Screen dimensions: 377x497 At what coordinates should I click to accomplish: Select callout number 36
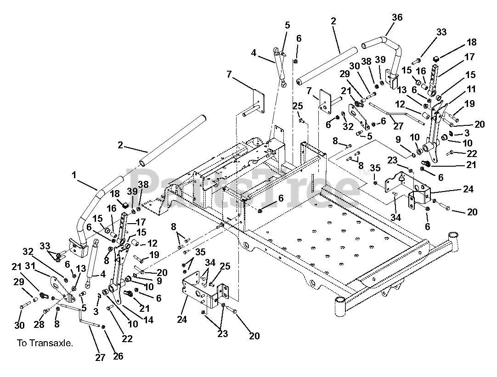tap(397, 17)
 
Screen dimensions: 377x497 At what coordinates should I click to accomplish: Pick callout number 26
tap(118, 356)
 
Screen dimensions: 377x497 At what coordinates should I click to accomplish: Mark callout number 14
tap(147, 320)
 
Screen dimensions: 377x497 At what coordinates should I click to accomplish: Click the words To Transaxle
tap(45, 343)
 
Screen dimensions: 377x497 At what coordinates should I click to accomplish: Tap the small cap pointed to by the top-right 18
tap(437, 58)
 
